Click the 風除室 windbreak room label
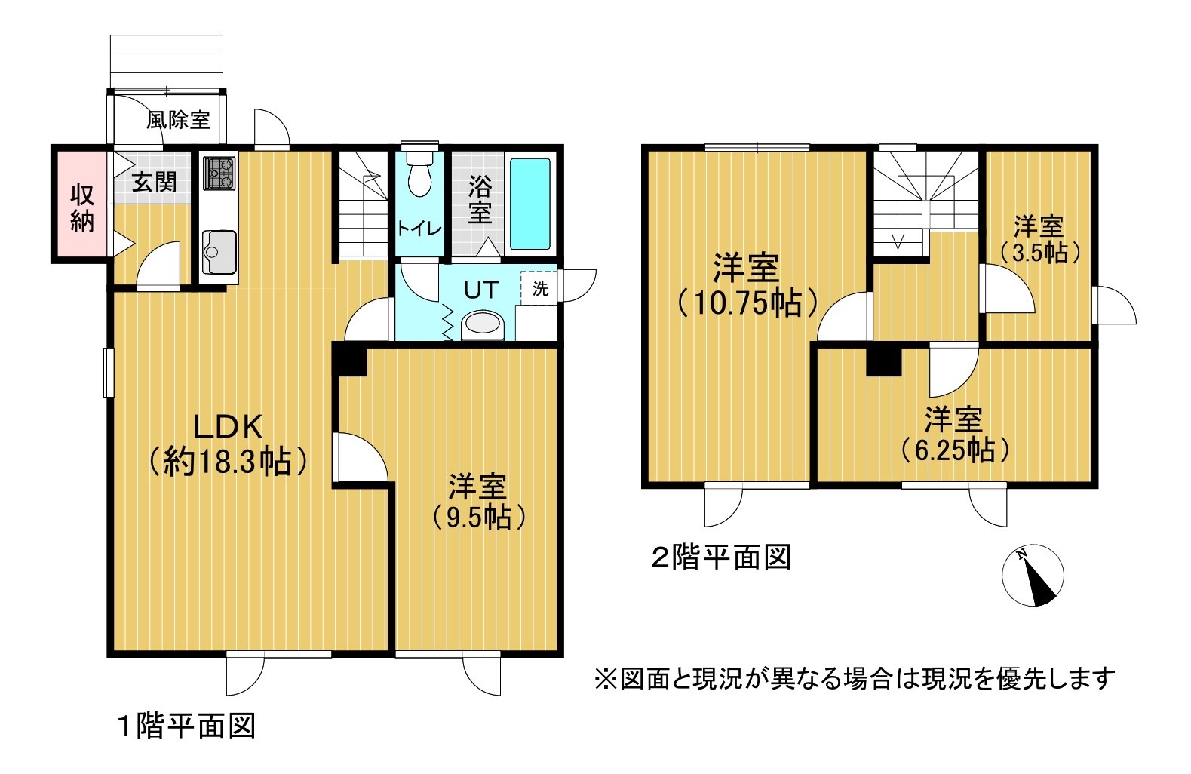click(x=178, y=120)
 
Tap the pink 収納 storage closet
click(x=82, y=204)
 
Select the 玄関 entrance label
click(x=154, y=183)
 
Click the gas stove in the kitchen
click(x=219, y=174)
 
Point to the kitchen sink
click(x=219, y=253)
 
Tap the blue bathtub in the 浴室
click(x=530, y=204)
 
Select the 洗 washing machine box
click(x=540, y=288)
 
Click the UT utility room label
click(x=480, y=290)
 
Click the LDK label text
click(x=228, y=427)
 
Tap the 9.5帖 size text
click(x=478, y=518)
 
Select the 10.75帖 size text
click(x=747, y=303)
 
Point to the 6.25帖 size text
click(x=955, y=450)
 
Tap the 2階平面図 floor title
click(x=721, y=557)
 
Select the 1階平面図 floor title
click(x=186, y=726)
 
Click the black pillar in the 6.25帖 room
click(x=884, y=361)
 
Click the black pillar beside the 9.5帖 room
click(x=349, y=359)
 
